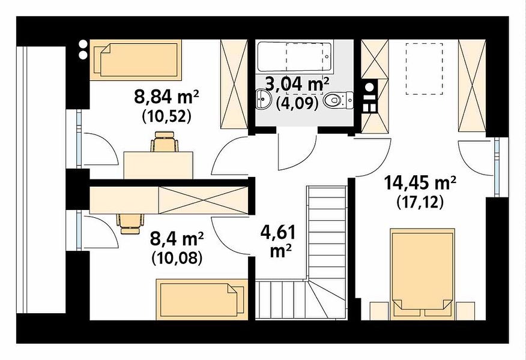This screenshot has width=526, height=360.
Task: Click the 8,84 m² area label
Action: tap(167, 97)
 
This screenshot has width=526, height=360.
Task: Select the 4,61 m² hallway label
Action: tap(278, 241)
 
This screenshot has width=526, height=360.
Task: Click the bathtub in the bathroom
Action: tap(294, 56)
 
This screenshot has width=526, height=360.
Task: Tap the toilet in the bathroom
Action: tap(339, 100)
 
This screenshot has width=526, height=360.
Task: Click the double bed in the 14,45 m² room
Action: tap(422, 273)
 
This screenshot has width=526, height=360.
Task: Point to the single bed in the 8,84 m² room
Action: tap(136, 60)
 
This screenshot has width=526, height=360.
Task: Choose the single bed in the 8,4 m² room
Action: tap(202, 299)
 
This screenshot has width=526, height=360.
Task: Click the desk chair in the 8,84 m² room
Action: tap(165, 142)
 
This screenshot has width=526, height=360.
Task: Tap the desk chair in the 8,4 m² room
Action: tap(130, 224)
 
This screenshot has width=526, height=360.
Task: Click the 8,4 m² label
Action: tap(177, 239)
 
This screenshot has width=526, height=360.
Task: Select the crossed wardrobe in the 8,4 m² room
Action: tap(203, 200)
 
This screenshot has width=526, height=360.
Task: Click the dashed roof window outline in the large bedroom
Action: tap(424, 69)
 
